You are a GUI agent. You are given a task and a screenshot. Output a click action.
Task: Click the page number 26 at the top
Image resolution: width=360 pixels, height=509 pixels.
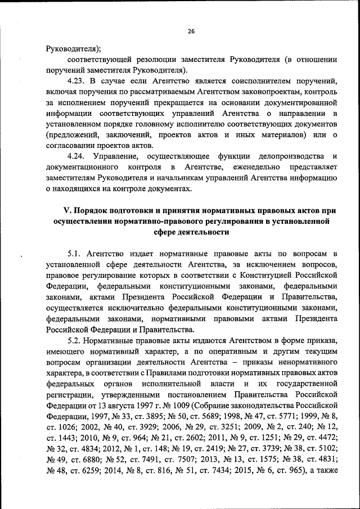pyautogui.click(x=191, y=31)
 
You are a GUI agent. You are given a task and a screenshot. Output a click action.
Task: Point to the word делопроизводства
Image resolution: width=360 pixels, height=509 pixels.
pyautogui.click(x=290, y=156)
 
